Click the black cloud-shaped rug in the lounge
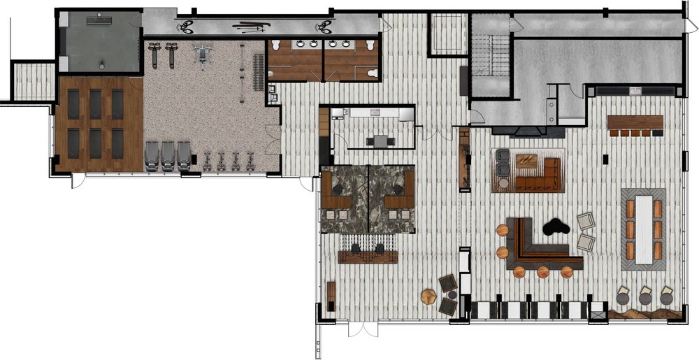click(x=556, y=227)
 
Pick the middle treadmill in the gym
click(x=168, y=156)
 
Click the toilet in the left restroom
click(x=276, y=45)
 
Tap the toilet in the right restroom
click(x=373, y=72)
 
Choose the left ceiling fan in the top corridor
click(x=186, y=27)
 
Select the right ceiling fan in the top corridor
click(x=324, y=27)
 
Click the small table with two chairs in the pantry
click(x=380, y=141)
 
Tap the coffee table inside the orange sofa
click(x=526, y=161)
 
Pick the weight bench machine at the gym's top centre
click(x=203, y=54)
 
